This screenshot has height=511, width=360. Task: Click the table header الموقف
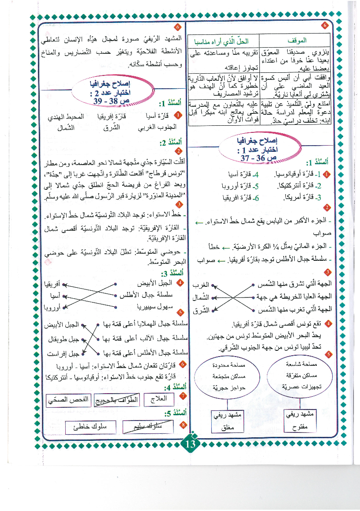[x=297, y=41]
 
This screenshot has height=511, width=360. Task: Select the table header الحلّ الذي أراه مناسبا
[x=224, y=41]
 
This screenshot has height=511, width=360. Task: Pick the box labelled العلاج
[x=158, y=400]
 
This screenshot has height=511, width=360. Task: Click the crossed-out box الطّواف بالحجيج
[x=116, y=400]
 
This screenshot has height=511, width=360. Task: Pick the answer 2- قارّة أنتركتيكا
[x=300, y=186]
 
